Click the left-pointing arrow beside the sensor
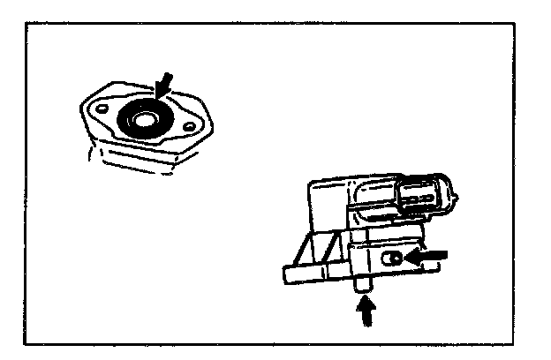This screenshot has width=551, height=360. pos(427,258)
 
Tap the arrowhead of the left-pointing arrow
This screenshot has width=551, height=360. pos(412,258)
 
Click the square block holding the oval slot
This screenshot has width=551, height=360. pos(380,260)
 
